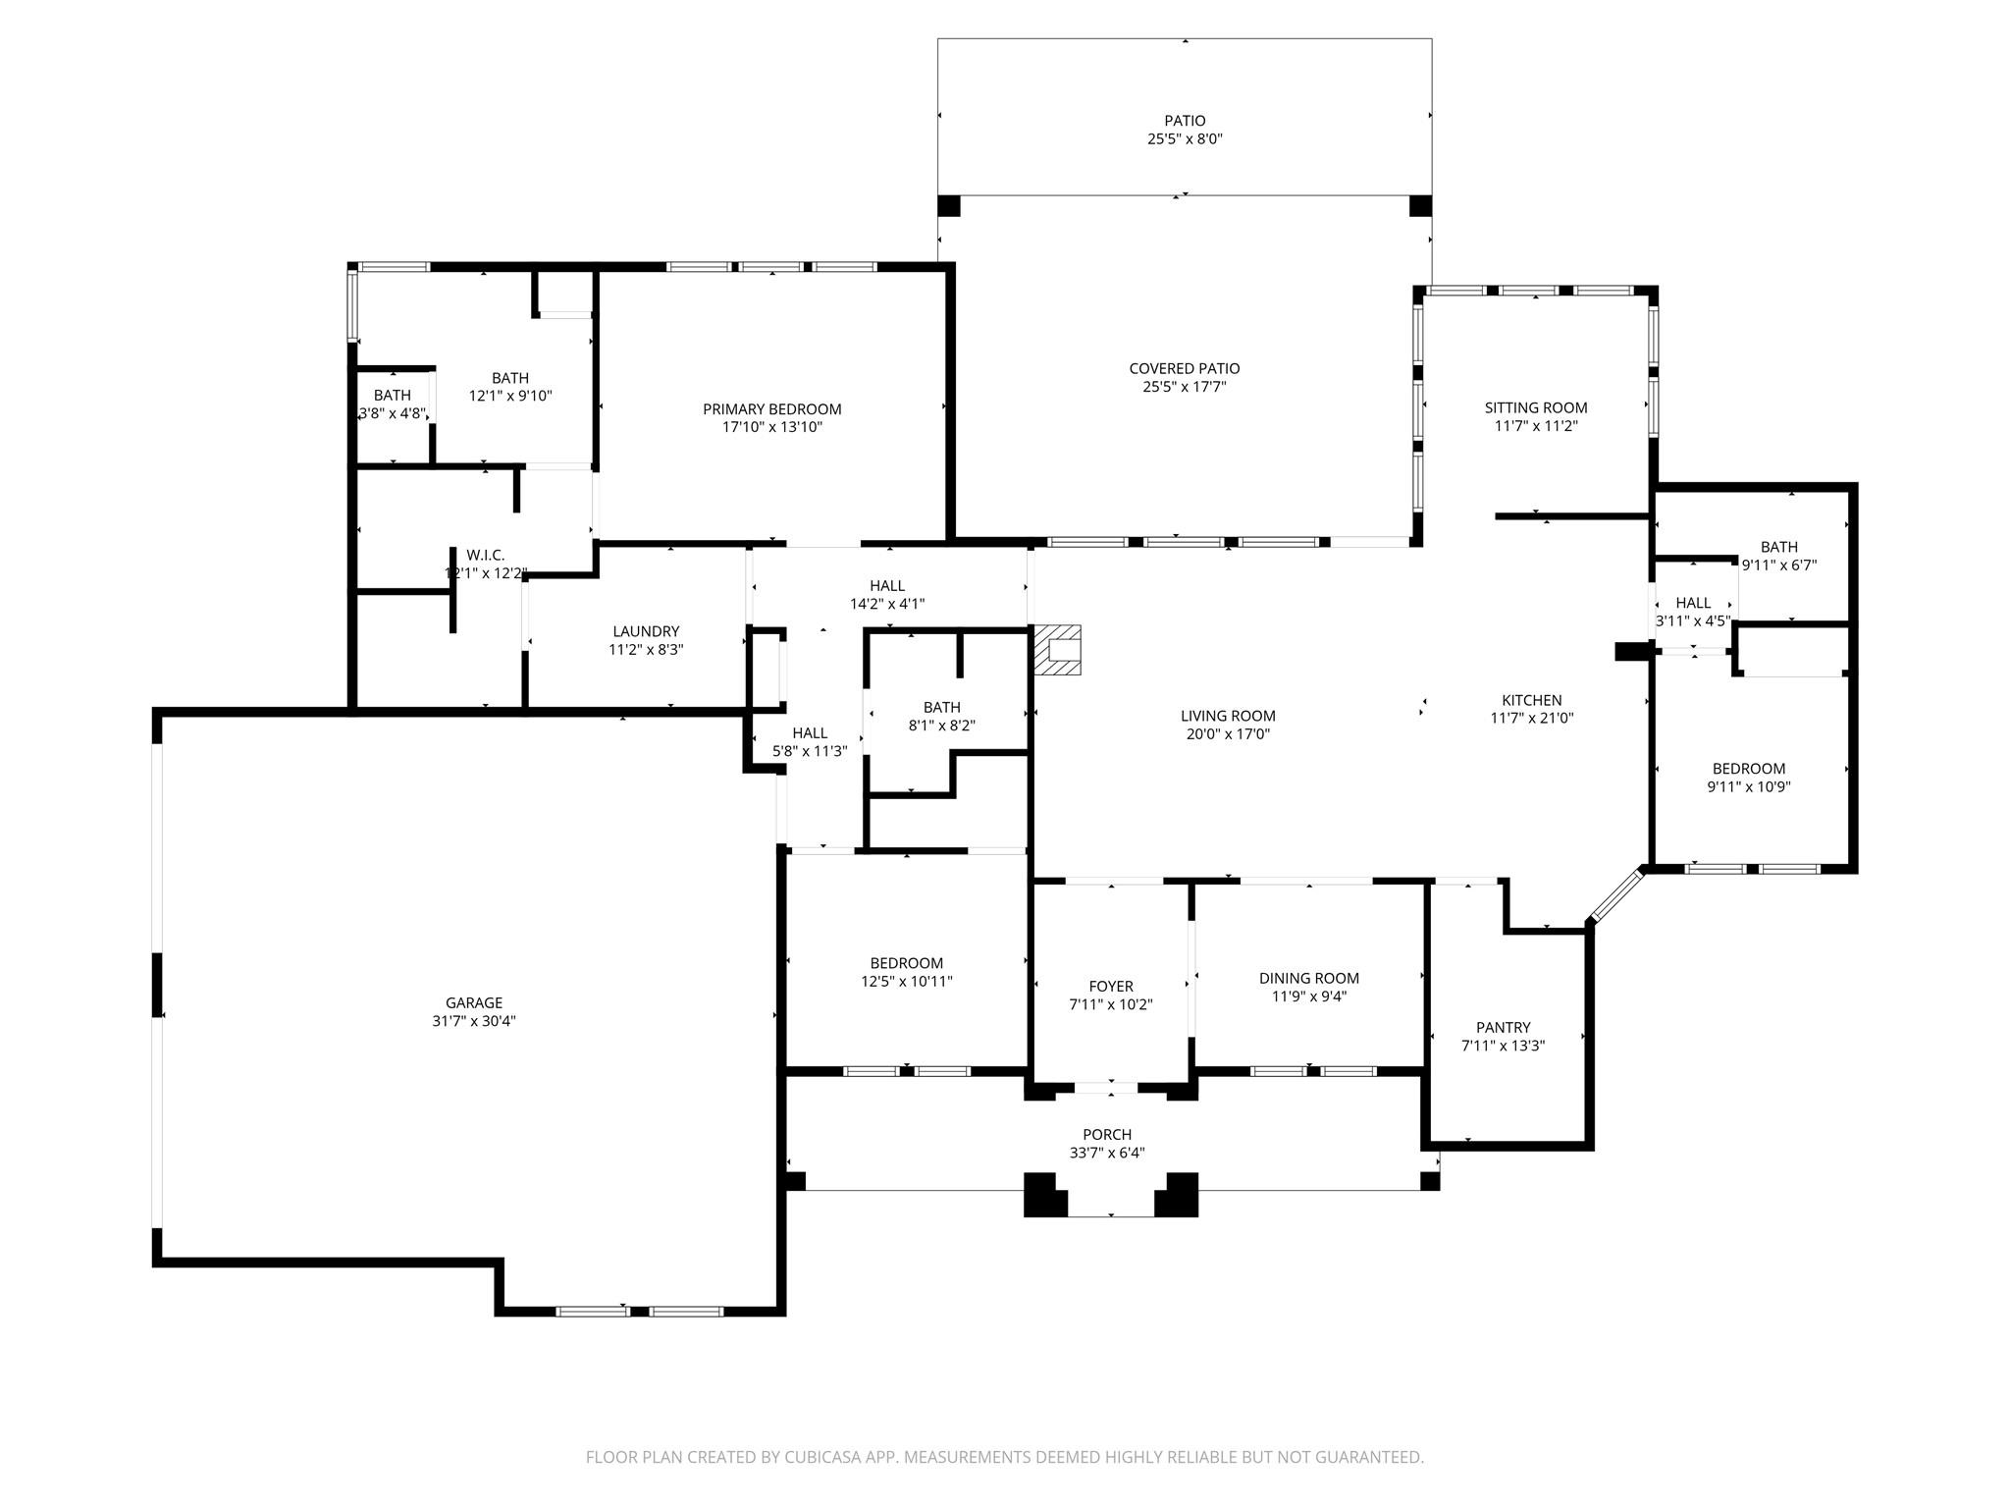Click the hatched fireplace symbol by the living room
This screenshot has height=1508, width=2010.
click(x=1057, y=650)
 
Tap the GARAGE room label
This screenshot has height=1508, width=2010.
click(x=474, y=1002)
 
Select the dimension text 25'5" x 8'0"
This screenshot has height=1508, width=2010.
click(x=1185, y=139)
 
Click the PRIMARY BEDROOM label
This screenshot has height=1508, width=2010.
click(x=771, y=408)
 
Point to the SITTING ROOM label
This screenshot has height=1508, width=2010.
click(x=1535, y=407)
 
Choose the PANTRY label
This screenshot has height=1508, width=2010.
click(x=1503, y=1027)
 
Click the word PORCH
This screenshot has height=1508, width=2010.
click(x=1107, y=1134)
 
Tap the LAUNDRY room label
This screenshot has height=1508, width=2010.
click(x=646, y=631)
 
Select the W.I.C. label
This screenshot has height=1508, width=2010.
click(x=486, y=555)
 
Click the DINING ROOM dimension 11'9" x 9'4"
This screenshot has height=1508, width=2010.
click(x=1309, y=996)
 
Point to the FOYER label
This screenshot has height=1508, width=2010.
click(x=1111, y=986)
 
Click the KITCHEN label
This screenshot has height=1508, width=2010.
click(x=1531, y=700)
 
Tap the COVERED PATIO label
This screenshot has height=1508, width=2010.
click(x=1185, y=368)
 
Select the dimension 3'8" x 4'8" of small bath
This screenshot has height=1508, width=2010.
click(x=392, y=413)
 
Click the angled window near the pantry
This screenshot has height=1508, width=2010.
click(x=1616, y=894)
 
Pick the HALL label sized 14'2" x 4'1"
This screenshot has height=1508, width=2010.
click(x=887, y=586)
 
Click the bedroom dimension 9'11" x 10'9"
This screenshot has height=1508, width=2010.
click(x=1749, y=786)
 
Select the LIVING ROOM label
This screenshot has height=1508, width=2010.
click(x=1228, y=716)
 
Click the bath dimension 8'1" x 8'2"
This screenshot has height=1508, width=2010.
click(x=941, y=726)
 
